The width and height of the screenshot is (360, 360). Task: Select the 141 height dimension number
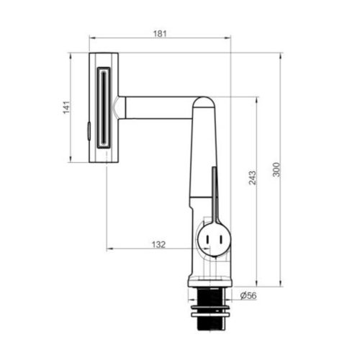pyautogui.click(x=66, y=107)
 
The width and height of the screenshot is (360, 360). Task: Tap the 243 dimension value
pyautogui.click(x=251, y=179)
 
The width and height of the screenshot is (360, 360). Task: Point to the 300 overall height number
pyautogui.click(x=276, y=170)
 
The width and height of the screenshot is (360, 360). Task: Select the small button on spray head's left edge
pyautogui.click(x=88, y=130)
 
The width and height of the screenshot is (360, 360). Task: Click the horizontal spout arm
pyautogui.click(x=158, y=108)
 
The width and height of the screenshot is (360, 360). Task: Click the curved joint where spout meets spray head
pyautogui.click(x=117, y=108)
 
